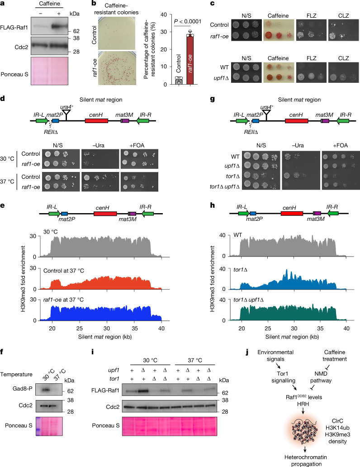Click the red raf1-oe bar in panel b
(190, 60)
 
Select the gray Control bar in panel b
(179, 81)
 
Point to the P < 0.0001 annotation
(188, 21)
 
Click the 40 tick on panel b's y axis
(163, 14)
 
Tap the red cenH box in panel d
(96, 121)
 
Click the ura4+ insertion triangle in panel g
(266, 113)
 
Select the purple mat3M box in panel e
(132, 214)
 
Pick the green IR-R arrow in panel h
(333, 213)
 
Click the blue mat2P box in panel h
(253, 213)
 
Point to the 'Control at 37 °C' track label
(64, 271)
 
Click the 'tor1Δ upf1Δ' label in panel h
(248, 300)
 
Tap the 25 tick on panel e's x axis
(80, 329)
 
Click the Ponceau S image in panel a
(49, 71)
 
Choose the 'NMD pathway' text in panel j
(321, 377)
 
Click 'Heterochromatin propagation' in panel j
(306, 461)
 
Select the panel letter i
(93, 352)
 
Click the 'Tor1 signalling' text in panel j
(283, 377)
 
